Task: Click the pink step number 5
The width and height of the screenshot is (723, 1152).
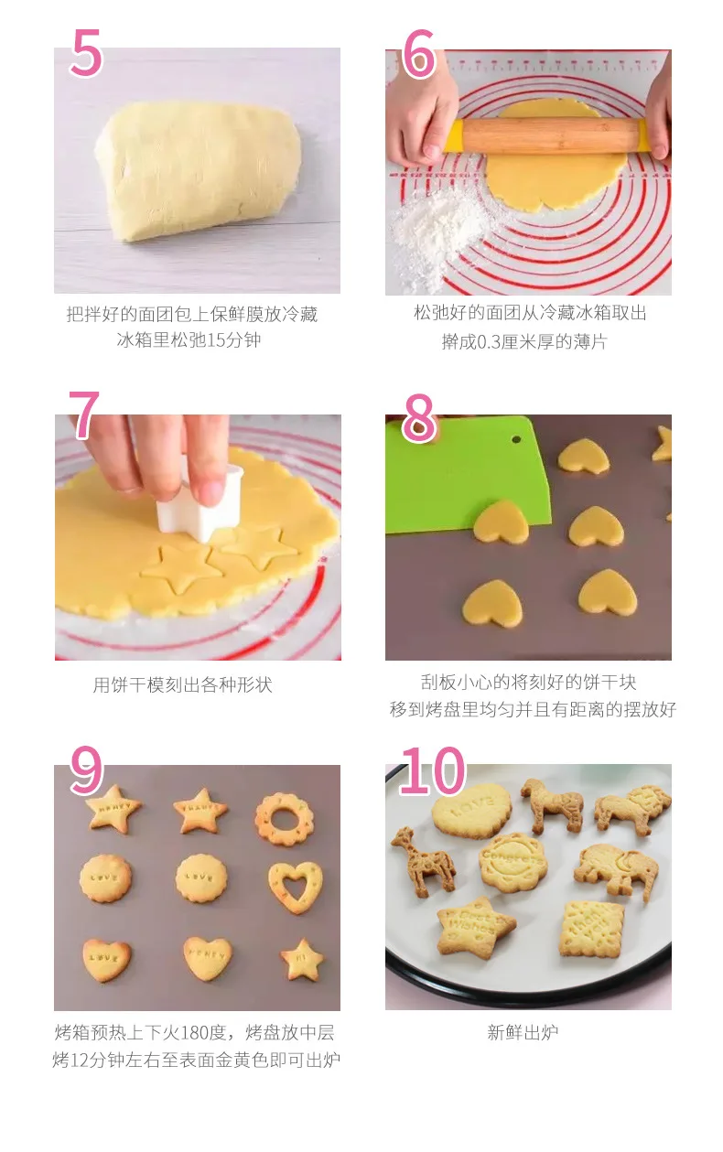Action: point(86,52)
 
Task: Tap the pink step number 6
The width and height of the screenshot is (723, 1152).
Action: point(418,53)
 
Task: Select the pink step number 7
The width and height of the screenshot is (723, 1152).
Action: point(83,414)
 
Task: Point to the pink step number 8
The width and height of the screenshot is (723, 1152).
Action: point(419,418)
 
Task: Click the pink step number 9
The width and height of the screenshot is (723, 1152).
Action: point(86,770)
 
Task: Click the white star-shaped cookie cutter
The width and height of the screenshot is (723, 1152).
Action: point(200,500)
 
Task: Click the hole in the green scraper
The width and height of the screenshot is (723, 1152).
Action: point(516,440)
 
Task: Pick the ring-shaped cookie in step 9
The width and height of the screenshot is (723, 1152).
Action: point(285,819)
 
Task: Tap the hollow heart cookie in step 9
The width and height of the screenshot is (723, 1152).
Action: point(296,886)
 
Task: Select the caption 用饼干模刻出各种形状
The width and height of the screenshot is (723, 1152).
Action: point(182,684)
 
